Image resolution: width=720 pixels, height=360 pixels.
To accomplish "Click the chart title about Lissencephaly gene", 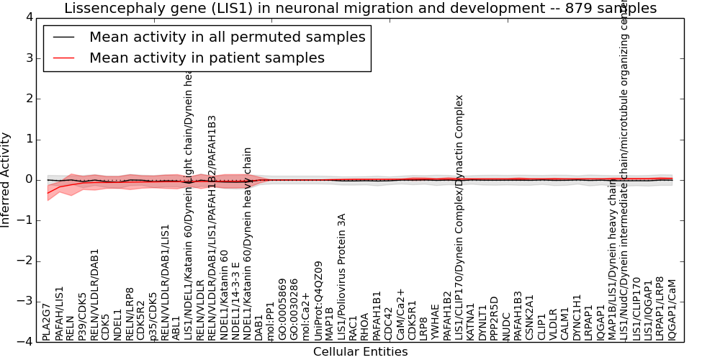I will [x=360, y=9].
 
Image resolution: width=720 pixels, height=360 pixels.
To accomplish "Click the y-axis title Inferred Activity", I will [x=6, y=179].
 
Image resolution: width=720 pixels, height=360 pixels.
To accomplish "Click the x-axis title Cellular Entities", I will [x=360, y=352].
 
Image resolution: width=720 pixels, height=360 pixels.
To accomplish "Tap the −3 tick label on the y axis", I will [x=27, y=301].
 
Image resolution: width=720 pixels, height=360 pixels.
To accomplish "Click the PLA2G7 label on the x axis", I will [x=48, y=321].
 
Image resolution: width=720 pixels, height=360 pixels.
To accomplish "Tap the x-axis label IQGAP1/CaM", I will [x=672, y=310].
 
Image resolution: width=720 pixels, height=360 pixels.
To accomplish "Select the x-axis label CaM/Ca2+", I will [x=401, y=314].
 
